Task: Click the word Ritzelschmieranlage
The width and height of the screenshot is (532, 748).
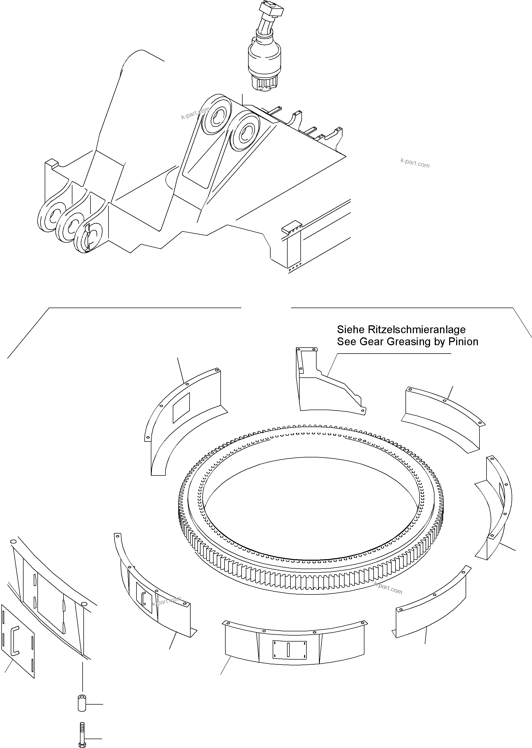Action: click(417, 329)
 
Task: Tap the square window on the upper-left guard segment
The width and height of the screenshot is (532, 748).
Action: click(181, 407)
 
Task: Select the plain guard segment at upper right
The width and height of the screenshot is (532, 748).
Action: click(442, 418)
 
